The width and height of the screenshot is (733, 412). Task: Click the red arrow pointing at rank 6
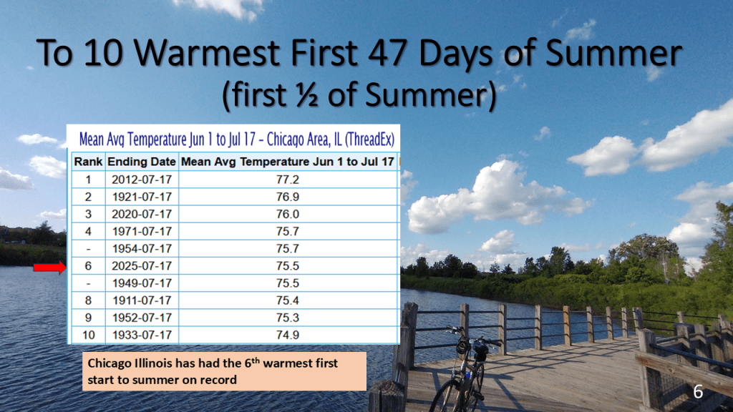(49, 268)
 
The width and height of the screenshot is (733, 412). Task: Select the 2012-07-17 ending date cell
(142, 180)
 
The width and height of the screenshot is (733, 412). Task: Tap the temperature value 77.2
(288, 180)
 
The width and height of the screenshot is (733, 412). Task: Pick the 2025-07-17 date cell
(142, 266)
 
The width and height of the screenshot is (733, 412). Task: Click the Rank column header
(88, 162)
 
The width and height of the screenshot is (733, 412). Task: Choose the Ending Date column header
(142, 162)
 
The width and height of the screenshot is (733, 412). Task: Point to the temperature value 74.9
(288, 335)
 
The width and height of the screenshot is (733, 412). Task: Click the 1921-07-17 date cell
(142, 197)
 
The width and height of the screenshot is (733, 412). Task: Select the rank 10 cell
(88, 335)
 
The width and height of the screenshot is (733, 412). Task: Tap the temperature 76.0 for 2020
(288, 215)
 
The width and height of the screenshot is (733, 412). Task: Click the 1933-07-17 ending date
(142, 335)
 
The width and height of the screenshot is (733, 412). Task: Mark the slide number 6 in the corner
(698, 391)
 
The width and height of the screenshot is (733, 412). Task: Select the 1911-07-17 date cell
(142, 300)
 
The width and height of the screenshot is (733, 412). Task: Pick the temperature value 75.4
(288, 300)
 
